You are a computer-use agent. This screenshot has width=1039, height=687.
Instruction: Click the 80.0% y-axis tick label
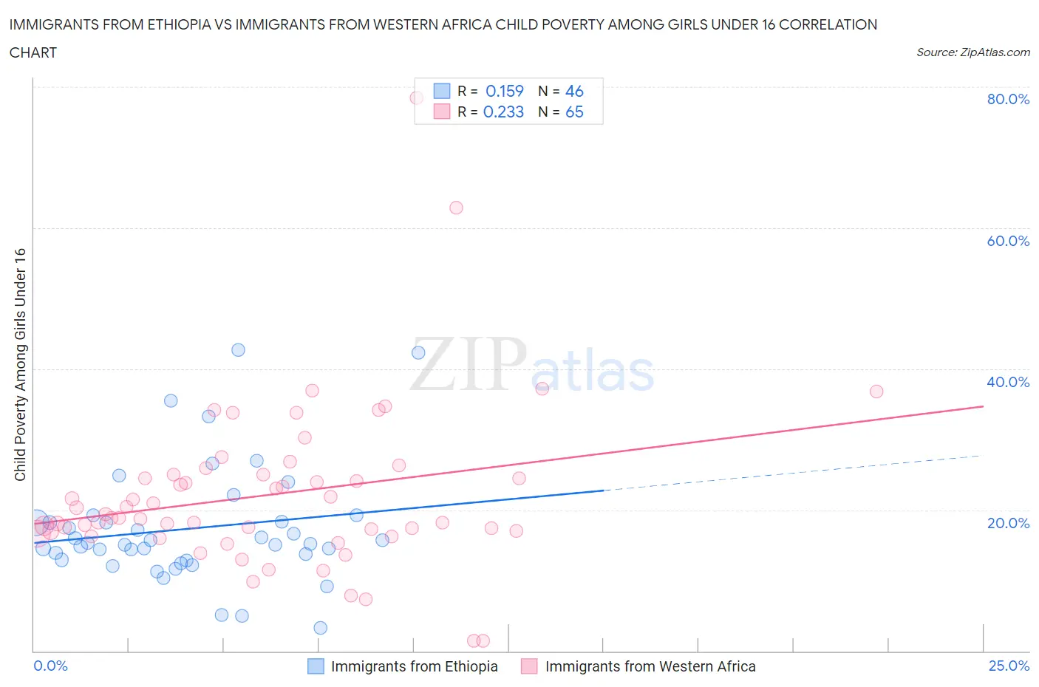1008,99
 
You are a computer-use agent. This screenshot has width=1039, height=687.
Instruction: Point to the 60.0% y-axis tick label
1008,241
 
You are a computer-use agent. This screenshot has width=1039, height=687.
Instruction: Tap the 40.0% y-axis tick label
1008,382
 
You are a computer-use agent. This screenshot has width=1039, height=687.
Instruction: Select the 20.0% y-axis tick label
1008,523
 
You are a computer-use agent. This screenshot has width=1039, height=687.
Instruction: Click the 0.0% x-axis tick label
50,666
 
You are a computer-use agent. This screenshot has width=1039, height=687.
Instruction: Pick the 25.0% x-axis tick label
1009,666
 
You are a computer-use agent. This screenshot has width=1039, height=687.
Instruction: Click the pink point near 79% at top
417,98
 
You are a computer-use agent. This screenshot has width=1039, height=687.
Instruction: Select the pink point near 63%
456,208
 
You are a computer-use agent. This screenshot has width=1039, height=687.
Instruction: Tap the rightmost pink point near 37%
876,392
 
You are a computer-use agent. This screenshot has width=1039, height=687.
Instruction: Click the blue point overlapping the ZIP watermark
418,352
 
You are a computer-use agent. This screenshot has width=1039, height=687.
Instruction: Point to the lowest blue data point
320,628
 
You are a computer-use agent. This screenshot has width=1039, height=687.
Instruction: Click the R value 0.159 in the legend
504,91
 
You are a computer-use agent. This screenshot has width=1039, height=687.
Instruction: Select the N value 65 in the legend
574,112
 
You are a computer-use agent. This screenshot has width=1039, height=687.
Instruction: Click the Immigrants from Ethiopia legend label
414,666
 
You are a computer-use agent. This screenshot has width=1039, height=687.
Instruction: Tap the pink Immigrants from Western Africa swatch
528,666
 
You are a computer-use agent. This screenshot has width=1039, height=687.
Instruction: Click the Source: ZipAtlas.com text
972,52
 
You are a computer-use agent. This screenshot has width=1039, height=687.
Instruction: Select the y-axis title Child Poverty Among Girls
20,364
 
